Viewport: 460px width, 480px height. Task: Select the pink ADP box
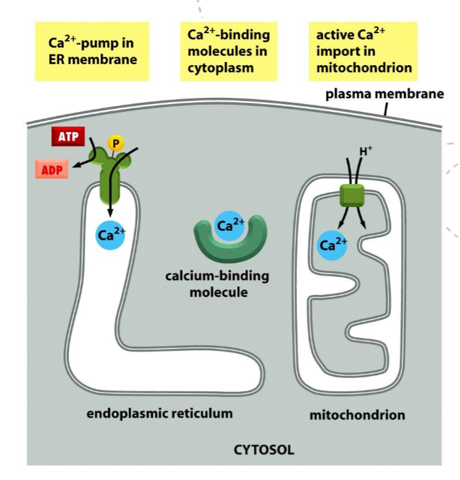[52, 170]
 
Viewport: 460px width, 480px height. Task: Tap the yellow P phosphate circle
[115, 143]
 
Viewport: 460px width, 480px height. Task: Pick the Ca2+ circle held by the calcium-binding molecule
[230, 226]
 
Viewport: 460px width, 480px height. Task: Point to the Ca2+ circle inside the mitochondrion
[332, 244]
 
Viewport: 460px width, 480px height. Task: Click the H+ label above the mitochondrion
[366, 151]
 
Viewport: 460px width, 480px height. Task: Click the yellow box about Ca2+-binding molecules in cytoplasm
[229, 51]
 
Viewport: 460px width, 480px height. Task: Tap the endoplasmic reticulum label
[160, 414]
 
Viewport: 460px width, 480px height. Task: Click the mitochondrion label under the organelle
[357, 415]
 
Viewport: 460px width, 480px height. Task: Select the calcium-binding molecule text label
[217, 284]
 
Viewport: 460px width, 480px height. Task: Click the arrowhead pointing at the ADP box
[75, 166]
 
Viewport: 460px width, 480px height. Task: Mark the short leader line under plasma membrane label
[385, 111]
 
